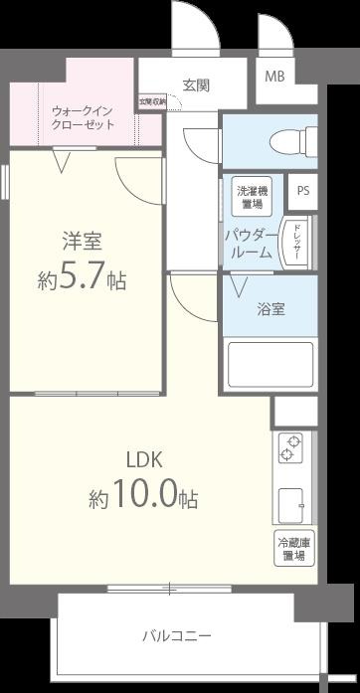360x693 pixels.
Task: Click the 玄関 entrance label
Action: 195,85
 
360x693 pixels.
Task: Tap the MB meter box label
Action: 272,75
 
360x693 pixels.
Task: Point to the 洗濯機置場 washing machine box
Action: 251,196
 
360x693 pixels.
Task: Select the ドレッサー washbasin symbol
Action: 295,242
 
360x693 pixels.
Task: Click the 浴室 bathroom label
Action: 271,308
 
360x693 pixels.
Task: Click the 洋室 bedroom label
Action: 84,241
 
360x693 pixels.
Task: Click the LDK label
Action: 144,459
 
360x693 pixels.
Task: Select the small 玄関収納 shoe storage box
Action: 152,101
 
